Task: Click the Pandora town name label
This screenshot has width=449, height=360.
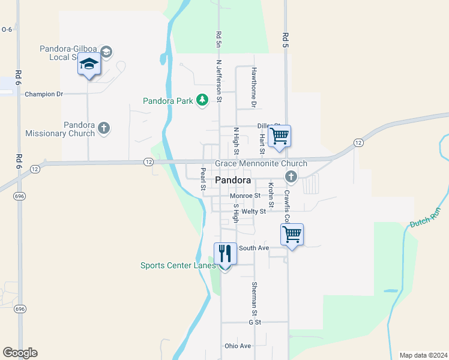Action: pyautogui.click(x=232, y=180)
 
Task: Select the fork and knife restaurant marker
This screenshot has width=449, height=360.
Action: pyautogui.click(x=225, y=253)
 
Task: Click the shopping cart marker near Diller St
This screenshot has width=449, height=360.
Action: pyautogui.click(x=279, y=136)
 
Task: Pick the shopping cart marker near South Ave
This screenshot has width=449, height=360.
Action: pyautogui.click(x=292, y=234)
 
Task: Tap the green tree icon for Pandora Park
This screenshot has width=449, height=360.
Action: pyautogui.click(x=202, y=100)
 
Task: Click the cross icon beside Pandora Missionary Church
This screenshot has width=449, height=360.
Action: pyautogui.click(x=104, y=127)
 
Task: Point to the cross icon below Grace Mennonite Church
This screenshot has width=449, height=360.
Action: pyautogui.click(x=291, y=176)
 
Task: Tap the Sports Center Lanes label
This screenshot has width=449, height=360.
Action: pyautogui.click(x=178, y=265)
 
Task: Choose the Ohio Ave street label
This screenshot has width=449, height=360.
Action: pyautogui.click(x=238, y=346)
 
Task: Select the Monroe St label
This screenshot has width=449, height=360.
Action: pyautogui.click(x=245, y=196)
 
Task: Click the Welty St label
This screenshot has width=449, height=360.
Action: pyautogui.click(x=254, y=212)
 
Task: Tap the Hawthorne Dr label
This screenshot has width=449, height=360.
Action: pyautogui.click(x=254, y=88)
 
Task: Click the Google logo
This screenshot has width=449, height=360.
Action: pyautogui.click(x=20, y=353)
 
